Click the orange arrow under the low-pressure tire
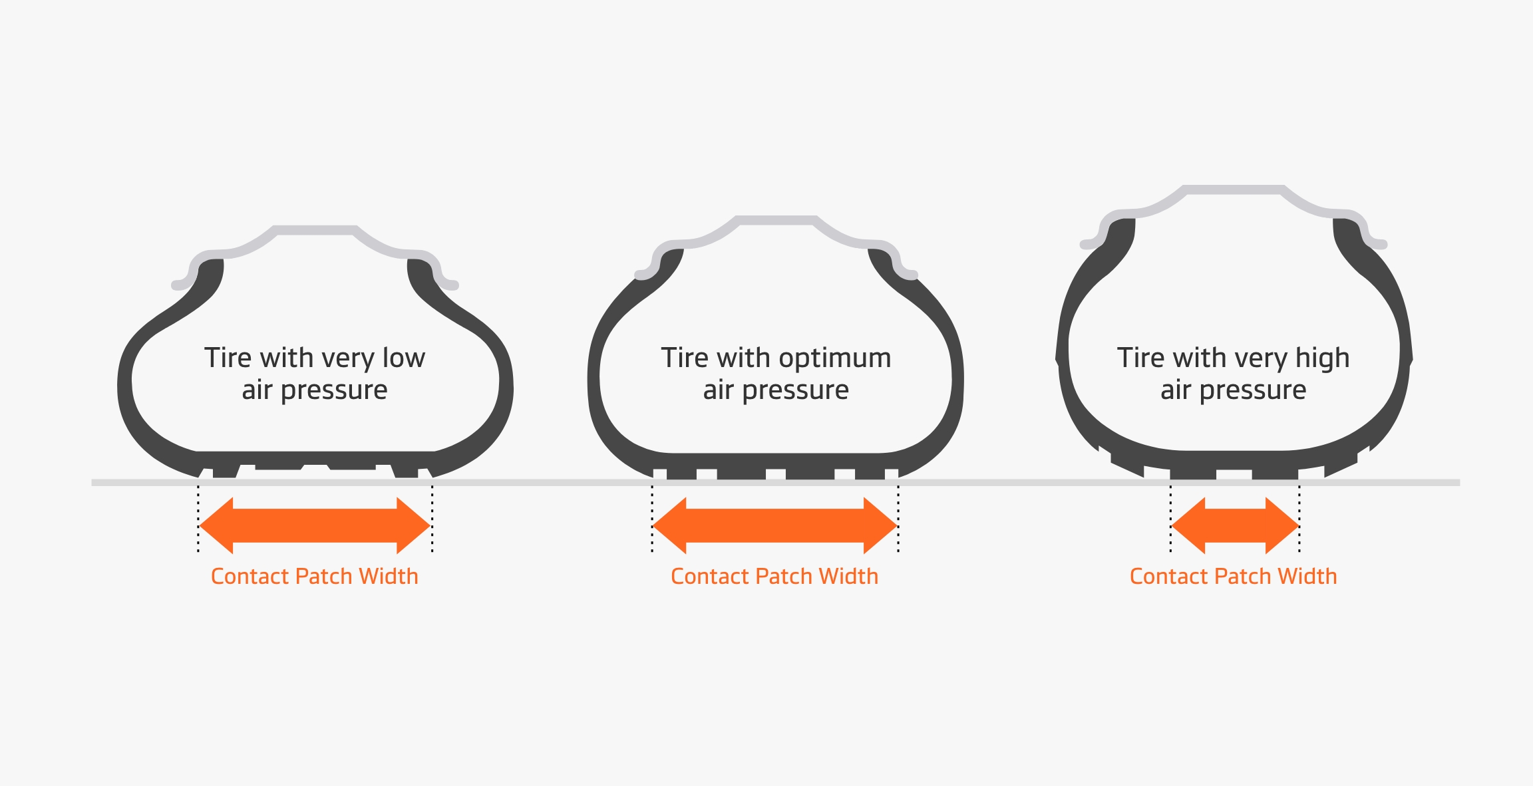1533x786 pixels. tap(315, 526)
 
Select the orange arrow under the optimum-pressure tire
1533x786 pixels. tap(775, 526)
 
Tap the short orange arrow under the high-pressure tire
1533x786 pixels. tap(1235, 526)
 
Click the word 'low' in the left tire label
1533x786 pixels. tap(404, 358)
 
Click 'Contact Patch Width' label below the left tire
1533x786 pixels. tap(315, 576)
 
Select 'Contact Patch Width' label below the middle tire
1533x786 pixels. tap(774, 576)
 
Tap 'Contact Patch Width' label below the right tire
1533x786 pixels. tap(1234, 576)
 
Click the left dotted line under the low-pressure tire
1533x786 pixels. tap(198, 519)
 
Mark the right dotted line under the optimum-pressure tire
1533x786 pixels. tap(898, 519)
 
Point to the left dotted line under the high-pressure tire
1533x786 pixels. tap(1170, 519)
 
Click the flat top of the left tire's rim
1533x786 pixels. tap(315, 230)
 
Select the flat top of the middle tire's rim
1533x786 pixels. tap(776, 220)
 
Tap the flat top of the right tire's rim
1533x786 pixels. tap(1234, 190)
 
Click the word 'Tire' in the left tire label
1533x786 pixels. tap(228, 358)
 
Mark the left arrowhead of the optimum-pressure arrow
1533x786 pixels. tap(669, 526)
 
